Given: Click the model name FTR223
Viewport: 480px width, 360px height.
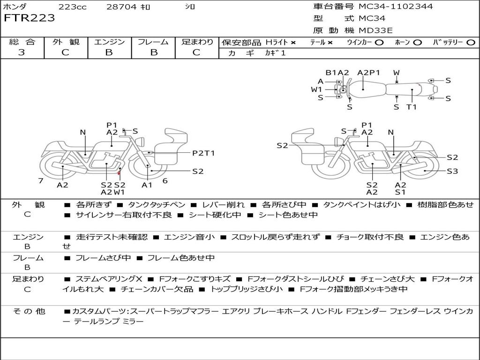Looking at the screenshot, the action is click(29, 18).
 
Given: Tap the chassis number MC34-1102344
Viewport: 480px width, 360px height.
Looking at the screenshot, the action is click(396, 7).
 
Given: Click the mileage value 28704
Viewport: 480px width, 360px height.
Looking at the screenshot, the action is click(122, 7).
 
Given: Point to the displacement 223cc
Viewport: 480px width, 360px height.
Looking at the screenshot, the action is click(72, 7).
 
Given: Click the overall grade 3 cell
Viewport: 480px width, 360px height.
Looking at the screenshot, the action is click(22, 52).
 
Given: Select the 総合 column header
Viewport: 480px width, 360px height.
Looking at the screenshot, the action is click(22, 42).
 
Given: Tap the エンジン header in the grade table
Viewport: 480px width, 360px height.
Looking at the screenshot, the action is click(109, 42).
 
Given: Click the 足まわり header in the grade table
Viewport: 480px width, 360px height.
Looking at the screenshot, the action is click(197, 42).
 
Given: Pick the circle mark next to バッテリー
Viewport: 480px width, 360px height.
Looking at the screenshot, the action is click(471, 43).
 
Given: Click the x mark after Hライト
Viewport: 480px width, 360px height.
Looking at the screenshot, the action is click(293, 43).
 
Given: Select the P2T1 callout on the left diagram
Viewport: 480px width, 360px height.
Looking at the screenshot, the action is click(203, 153).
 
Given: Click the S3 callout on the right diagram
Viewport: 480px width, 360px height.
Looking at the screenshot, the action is click(452, 172).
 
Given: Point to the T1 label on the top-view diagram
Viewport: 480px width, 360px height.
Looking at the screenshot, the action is click(412, 107).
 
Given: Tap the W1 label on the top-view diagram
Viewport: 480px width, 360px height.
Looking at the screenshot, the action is click(317, 89).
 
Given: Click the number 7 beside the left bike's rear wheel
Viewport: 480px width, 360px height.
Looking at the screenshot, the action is click(41, 180).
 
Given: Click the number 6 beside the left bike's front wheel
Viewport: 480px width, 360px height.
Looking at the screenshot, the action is click(165, 180).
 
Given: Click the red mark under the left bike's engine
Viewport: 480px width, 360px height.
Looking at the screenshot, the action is click(119, 173).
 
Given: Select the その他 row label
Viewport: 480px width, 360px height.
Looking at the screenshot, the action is click(28, 311).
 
